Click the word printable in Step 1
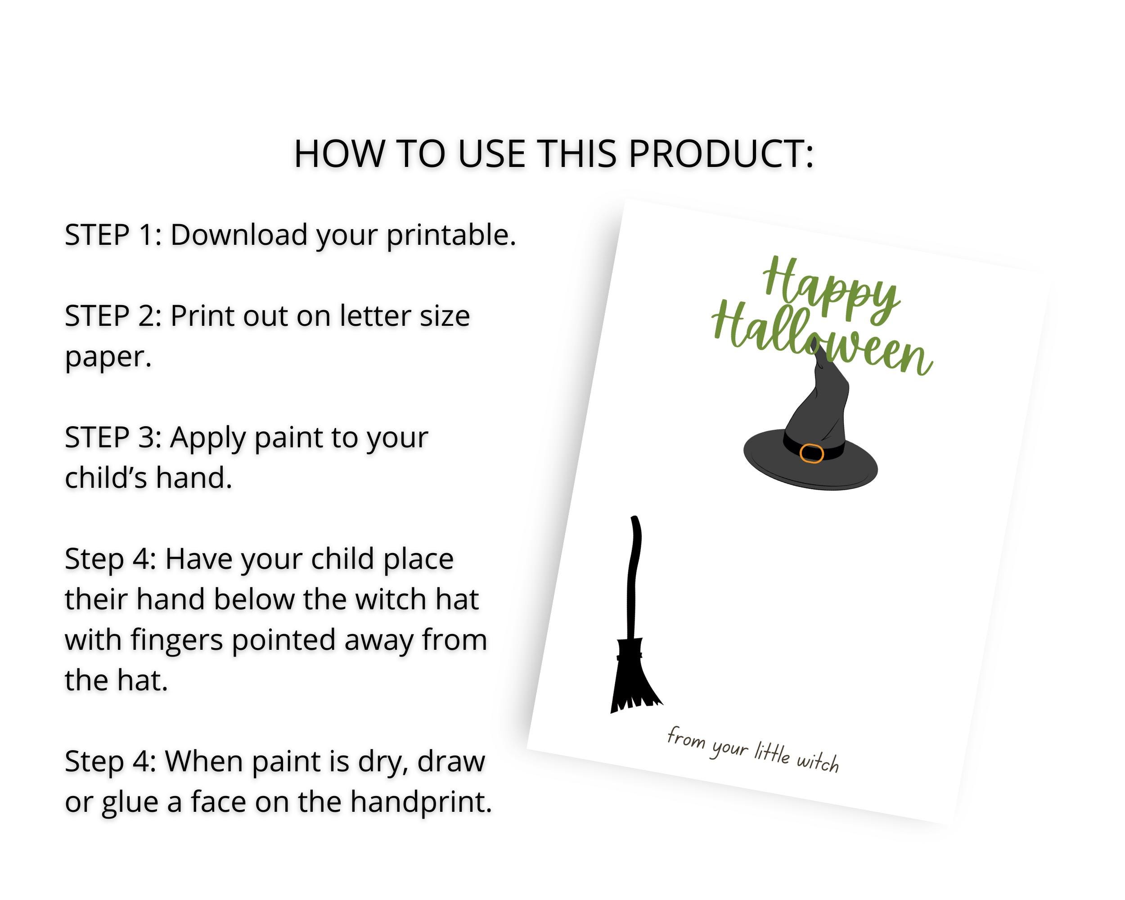450,236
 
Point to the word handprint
421,802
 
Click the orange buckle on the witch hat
811,454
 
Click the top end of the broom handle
634,520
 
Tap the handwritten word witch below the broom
818,762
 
